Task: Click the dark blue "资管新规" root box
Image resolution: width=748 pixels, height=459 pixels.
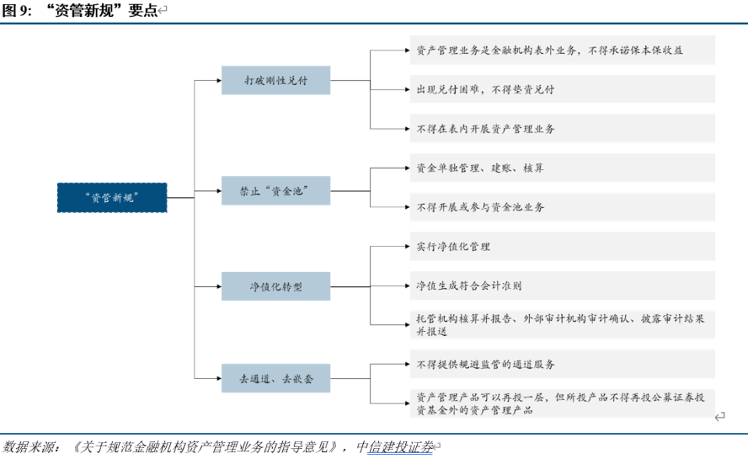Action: pyautogui.click(x=112, y=197)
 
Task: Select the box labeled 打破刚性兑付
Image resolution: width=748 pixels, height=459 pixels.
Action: pyautogui.click(x=276, y=79)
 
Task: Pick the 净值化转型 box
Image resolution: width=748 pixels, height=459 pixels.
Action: pyautogui.click(x=276, y=286)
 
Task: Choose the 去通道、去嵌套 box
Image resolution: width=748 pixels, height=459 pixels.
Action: pyautogui.click(x=276, y=378)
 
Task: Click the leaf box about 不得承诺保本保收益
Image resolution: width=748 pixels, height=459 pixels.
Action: pyautogui.click(x=561, y=50)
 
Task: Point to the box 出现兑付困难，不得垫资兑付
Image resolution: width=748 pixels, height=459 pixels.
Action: pyautogui.click(x=561, y=89)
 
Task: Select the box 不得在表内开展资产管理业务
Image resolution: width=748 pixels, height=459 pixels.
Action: pyautogui.click(x=561, y=129)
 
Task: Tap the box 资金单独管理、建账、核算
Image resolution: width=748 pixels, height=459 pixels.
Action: pyautogui.click(x=561, y=168)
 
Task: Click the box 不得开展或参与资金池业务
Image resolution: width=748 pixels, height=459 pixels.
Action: pyautogui.click(x=561, y=207)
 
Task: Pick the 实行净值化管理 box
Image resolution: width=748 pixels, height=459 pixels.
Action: pyautogui.click(x=561, y=246)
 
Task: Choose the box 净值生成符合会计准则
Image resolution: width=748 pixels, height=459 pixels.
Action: pyautogui.click(x=561, y=285)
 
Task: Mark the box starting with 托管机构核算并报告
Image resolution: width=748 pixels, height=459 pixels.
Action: pyautogui.click(x=561, y=324)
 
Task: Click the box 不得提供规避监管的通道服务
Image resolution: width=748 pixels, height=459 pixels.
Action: pyautogui.click(x=561, y=364)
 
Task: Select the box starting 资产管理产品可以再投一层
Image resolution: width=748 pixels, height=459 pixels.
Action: pyautogui.click(x=561, y=403)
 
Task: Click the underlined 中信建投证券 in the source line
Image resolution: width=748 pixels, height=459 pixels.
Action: pyautogui.click(x=400, y=447)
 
